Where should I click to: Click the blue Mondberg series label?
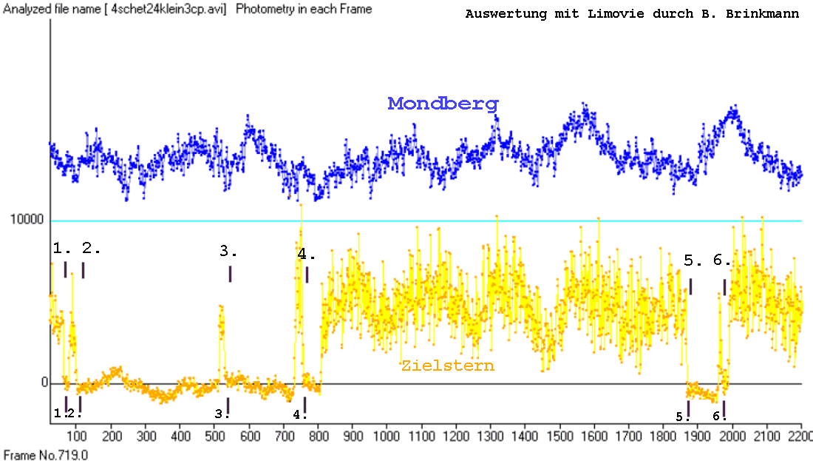(x=443, y=104)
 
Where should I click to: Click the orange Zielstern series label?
(x=447, y=366)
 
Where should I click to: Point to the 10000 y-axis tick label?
(x=27, y=221)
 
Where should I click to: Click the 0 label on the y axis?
(x=44, y=383)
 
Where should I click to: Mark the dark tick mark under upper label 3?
(x=230, y=274)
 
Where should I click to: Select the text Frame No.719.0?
(x=46, y=454)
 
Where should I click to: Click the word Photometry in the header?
(x=262, y=10)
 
